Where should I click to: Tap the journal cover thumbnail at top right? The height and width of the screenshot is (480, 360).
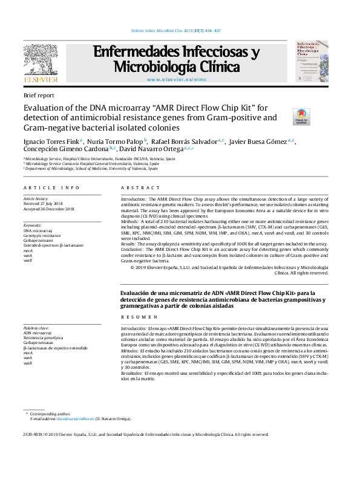tap(311, 62)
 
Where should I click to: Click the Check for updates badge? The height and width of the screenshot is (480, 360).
tap(301, 117)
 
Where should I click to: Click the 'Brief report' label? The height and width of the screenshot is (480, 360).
tap(38, 96)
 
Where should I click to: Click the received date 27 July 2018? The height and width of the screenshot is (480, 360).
tap(45, 204)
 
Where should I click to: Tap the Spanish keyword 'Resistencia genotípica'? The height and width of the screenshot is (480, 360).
tap(45, 338)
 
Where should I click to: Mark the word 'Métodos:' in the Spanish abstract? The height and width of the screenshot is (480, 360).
tap(131, 351)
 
